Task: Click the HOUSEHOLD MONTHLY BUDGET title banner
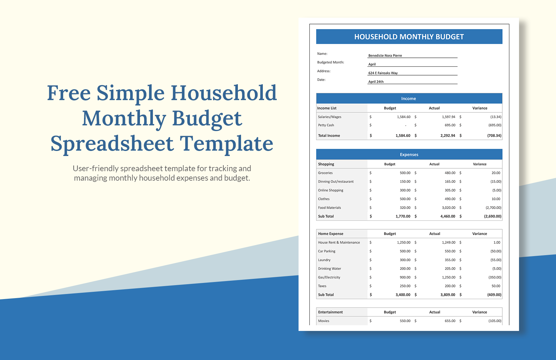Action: (x=409, y=37)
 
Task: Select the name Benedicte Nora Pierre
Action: (x=385, y=56)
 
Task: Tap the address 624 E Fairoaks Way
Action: (x=383, y=73)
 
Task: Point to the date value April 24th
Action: (x=376, y=81)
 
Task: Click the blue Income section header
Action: (x=409, y=99)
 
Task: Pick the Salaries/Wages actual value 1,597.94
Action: (x=449, y=117)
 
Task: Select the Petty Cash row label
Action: (x=326, y=125)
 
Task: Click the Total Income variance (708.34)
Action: (x=494, y=135)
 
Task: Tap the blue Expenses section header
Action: (x=409, y=154)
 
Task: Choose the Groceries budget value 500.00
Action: (x=405, y=173)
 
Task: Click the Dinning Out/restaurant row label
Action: (x=336, y=182)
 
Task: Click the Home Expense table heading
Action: (x=331, y=234)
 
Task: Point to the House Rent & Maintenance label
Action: (x=339, y=243)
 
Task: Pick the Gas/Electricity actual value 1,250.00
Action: (x=449, y=277)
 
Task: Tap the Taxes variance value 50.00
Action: (x=496, y=286)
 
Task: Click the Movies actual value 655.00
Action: (x=450, y=321)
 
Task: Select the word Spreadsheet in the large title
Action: (x=112, y=143)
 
